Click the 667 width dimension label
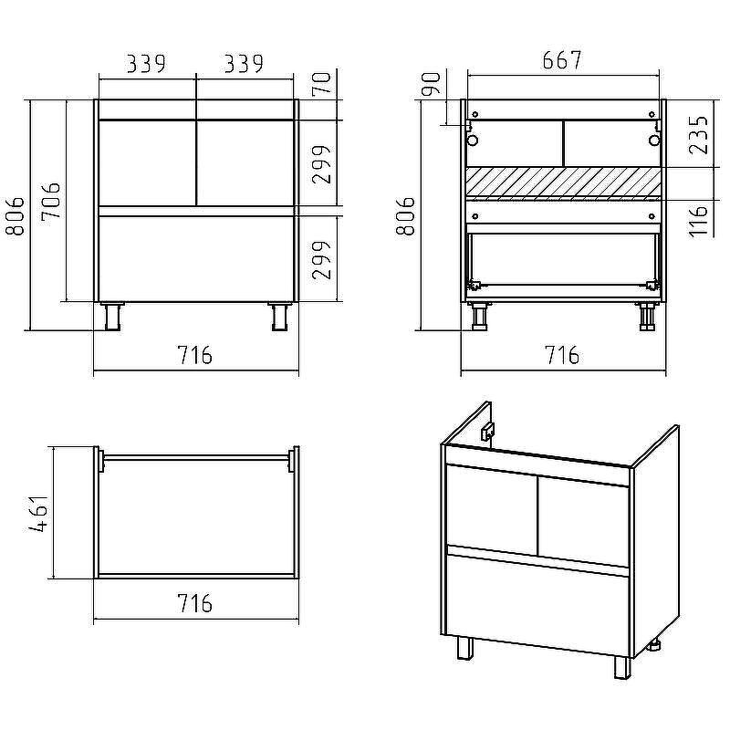point(562,60)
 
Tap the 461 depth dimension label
point(38,513)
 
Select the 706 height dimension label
point(50,201)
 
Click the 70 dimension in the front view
point(321,84)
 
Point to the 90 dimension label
point(431,84)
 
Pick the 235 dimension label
point(698,135)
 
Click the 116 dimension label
point(698,220)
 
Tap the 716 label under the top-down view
point(194,603)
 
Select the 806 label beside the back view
point(405,216)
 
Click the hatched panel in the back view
point(563,183)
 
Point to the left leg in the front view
point(112,317)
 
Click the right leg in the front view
point(280,317)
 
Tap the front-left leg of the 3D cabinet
point(464,649)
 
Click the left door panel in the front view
point(148,163)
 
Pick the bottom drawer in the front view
point(196,258)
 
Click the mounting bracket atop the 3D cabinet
point(487,432)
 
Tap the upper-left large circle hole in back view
point(473,141)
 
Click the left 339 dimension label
point(146,64)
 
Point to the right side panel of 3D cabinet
point(655,540)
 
